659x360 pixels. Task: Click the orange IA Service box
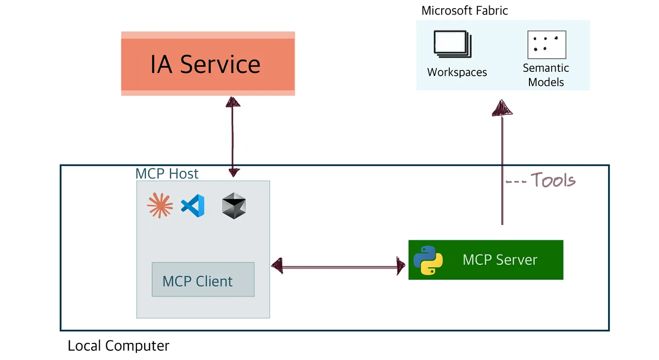tap(208, 64)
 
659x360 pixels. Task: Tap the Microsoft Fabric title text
tap(464, 11)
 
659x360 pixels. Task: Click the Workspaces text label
tap(457, 72)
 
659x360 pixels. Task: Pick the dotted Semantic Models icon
tap(546, 44)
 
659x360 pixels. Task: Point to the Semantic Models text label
tap(546, 75)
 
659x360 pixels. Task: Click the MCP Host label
tap(167, 174)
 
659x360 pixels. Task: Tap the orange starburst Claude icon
tap(160, 205)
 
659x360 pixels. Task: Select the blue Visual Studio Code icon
tap(193, 205)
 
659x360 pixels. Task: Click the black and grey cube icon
tap(234, 206)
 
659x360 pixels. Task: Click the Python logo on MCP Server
tap(428, 260)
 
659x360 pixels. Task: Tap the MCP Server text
tap(500, 260)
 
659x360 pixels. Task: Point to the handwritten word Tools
tap(553, 180)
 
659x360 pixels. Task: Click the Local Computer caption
tap(118, 346)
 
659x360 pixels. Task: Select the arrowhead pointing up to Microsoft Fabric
tap(502, 108)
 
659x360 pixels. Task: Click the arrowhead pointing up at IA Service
tap(233, 101)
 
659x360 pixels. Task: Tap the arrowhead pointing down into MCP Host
tap(233, 172)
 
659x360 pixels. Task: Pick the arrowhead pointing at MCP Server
tap(401, 266)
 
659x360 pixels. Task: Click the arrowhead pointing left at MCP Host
tap(277, 265)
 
